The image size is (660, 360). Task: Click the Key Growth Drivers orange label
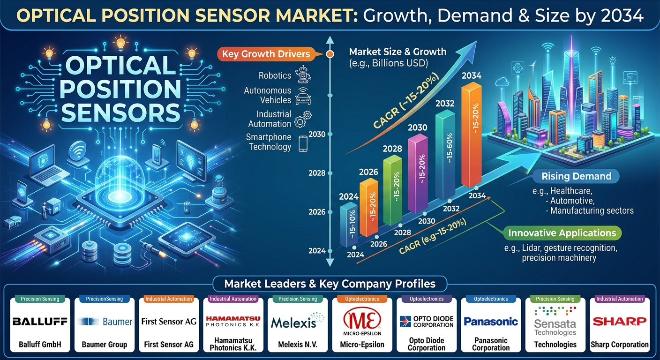point(266,54)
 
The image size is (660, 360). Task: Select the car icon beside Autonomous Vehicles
point(303,96)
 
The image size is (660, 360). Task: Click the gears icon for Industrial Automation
point(303,119)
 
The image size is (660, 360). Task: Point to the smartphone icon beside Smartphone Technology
point(303,143)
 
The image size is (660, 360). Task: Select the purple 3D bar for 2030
point(418,173)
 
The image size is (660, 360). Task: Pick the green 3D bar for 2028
point(392,190)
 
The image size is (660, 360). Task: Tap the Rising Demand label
point(576,176)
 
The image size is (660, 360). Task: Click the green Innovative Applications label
point(562,233)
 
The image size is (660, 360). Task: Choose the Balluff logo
point(40,321)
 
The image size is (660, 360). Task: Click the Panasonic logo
point(491,322)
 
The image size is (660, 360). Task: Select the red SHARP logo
point(620,321)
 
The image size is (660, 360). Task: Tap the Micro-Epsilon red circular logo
point(362,318)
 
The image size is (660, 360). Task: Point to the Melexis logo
point(298,321)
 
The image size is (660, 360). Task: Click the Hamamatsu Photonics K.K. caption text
point(233,344)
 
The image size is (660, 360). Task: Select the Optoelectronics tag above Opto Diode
point(427,299)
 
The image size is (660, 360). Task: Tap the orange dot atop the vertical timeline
point(330,54)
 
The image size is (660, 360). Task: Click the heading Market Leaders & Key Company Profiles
point(330,284)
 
